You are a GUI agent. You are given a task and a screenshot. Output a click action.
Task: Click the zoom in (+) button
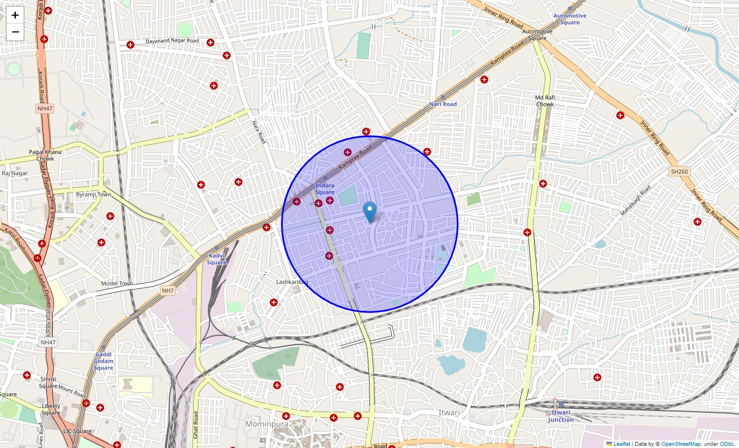(x=15, y=15)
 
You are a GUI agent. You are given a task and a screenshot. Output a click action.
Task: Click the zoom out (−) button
(x=15, y=32)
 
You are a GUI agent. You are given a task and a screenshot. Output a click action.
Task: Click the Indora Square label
(x=325, y=189)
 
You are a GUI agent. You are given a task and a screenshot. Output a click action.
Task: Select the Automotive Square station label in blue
(x=570, y=19)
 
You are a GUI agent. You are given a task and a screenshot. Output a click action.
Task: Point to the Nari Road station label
(x=443, y=104)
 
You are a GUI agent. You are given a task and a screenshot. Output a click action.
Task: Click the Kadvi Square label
(x=217, y=259)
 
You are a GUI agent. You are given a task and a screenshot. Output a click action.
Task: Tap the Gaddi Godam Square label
(x=104, y=361)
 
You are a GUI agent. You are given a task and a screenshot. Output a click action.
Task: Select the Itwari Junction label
(x=561, y=416)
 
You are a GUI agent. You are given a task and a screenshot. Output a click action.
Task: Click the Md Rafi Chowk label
(x=545, y=101)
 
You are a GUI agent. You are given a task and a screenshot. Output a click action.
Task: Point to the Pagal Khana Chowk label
(x=46, y=155)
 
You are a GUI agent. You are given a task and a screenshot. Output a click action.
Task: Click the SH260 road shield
(x=679, y=171)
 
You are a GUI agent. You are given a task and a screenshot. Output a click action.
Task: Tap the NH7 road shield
(x=168, y=291)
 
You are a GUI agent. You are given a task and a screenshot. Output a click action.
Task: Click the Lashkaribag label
(x=292, y=282)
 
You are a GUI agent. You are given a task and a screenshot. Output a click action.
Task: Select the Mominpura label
(x=266, y=424)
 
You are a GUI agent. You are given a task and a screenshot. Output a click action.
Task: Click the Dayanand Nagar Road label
(x=172, y=41)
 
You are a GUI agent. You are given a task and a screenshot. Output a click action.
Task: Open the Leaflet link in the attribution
(x=621, y=444)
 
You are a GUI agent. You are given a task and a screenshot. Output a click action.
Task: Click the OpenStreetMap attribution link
(x=681, y=444)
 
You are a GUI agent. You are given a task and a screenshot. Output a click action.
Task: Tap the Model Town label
(x=117, y=283)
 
